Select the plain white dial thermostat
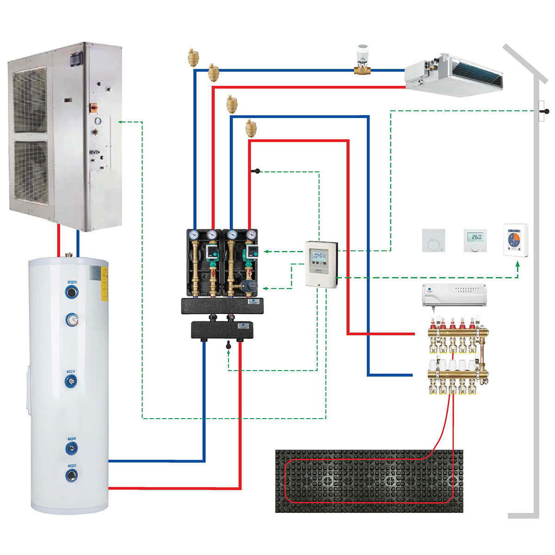pyautogui.click(x=433, y=240)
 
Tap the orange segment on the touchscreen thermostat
pyautogui.click(x=519, y=239)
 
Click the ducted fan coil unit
pyautogui.click(x=453, y=74)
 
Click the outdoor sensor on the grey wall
pyautogui.click(x=546, y=111)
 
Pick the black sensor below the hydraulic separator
pyautogui.click(x=228, y=345)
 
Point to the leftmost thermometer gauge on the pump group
pyautogui.click(x=194, y=234)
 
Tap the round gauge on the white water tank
pyautogui.click(x=72, y=319)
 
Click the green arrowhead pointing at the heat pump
pyautogui.click(x=121, y=122)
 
